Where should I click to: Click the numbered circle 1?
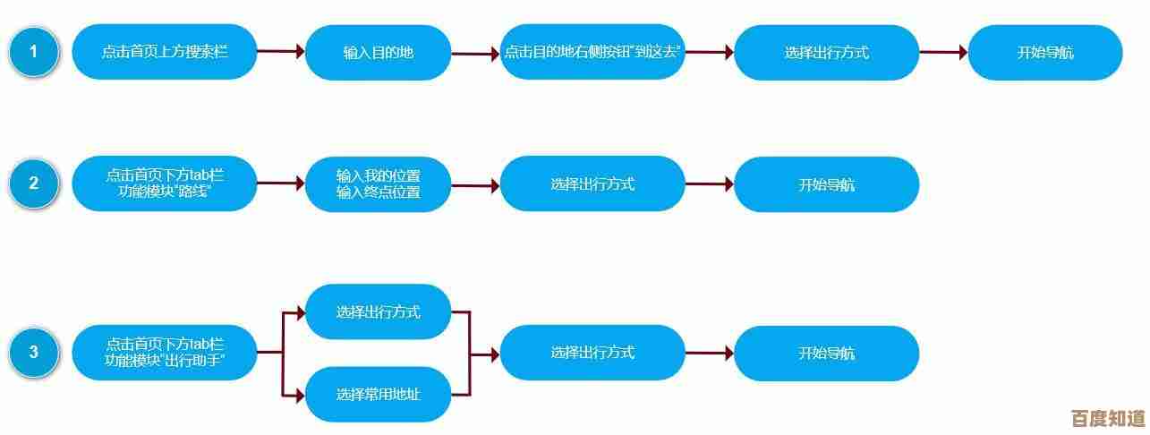34,52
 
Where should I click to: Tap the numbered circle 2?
34,183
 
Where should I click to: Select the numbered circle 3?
34,352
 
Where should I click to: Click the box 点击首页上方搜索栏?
165,52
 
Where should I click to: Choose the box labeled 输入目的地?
379,53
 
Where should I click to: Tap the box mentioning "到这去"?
592,52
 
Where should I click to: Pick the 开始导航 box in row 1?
1045,53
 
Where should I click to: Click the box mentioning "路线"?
165,183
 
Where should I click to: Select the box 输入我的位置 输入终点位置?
379,183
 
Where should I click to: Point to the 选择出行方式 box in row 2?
592,183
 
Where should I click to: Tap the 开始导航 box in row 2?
826,184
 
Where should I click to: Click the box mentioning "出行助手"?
165,352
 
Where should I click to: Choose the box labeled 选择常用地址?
379,394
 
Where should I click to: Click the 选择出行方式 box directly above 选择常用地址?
379,311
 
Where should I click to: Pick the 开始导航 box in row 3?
826,353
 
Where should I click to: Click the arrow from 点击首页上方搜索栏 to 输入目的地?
281,52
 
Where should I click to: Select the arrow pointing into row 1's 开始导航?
943,53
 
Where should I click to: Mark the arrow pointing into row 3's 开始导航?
710,353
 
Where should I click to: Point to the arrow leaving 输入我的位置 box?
475,185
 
